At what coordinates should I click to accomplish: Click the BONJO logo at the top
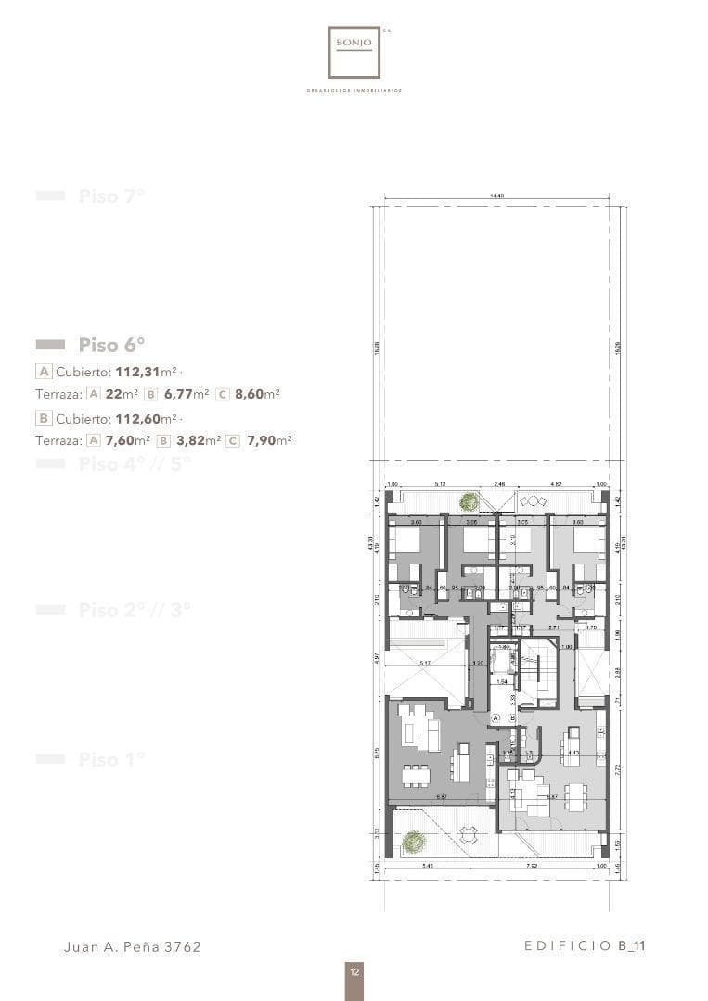click(x=354, y=52)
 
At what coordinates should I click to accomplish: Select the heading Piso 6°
click(x=111, y=345)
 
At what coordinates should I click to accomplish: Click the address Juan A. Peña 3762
click(x=132, y=946)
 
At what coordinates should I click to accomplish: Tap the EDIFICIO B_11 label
click(x=585, y=946)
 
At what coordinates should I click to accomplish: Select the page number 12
click(x=354, y=972)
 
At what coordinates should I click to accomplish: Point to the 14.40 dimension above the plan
click(x=496, y=196)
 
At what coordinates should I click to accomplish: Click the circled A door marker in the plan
click(x=496, y=717)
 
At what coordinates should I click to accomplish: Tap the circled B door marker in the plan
click(x=510, y=717)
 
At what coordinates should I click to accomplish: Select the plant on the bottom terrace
click(x=414, y=842)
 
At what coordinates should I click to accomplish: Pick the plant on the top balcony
click(x=470, y=501)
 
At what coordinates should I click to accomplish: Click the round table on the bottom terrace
click(x=470, y=836)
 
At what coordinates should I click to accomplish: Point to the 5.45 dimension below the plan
click(x=427, y=867)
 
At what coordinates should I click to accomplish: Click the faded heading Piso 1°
click(x=111, y=760)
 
